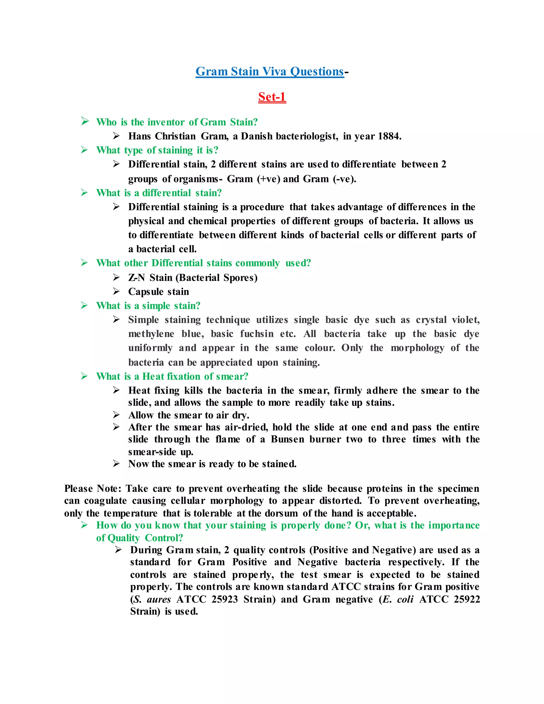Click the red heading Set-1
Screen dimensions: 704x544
tap(272, 97)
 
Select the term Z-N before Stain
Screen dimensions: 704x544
tap(137, 278)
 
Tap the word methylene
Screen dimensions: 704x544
tap(151, 334)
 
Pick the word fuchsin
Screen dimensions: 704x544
tap(257, 334)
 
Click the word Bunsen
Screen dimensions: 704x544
tap(287, 439)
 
